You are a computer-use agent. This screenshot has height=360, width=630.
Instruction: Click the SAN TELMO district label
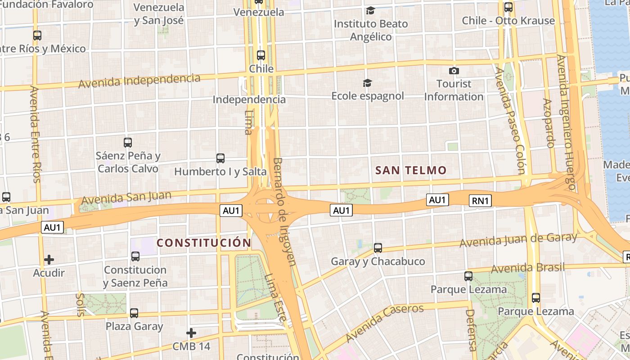click(x=410, y=170)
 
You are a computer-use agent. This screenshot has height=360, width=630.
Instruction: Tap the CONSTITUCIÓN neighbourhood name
click(x=204, y=243)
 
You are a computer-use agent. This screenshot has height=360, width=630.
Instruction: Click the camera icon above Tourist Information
click(x=454, y=71)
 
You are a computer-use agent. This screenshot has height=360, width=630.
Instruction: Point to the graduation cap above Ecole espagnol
click(x=368, y=83)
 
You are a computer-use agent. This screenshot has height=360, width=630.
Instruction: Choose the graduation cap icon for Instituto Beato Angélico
click(x=370, y=10)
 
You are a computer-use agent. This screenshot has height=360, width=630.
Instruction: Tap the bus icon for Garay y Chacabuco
click(x=378, y=247)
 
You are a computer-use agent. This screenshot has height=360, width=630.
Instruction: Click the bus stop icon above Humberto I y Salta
click(x=220, y=158)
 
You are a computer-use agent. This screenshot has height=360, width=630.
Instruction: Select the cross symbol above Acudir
click(x=49, y=260)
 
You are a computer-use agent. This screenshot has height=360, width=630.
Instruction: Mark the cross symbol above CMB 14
click(x=191, y=333)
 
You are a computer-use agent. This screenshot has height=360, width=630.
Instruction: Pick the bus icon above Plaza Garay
click(x=134, y=313)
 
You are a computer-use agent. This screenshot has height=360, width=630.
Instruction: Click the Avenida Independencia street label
click(x=139, y=81)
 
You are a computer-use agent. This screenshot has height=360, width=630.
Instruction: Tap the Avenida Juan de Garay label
click(x=518, y=240)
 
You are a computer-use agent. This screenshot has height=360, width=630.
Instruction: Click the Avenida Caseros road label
click(x=384, y=322)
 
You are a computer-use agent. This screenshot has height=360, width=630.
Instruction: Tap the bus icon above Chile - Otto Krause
click(x=508, y=7)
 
